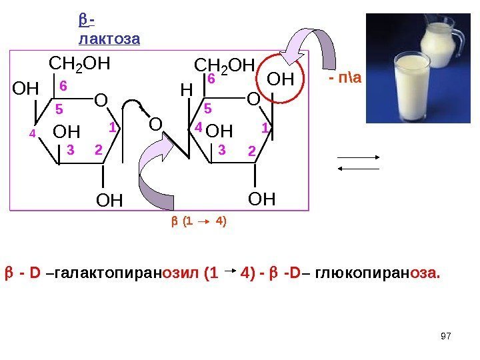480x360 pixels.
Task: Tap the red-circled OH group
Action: pos(281,81)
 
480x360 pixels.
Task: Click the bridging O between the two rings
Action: pos(155,125)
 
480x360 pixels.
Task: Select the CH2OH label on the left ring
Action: pos(80,65)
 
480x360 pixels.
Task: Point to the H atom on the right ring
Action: pos(187,89)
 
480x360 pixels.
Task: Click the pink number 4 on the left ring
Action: pos(31,133)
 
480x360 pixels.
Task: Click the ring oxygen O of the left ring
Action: pos(101,101)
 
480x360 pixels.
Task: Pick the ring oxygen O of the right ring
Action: pos(253,100)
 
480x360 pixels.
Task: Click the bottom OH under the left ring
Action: pos(110,199)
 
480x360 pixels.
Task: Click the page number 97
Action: pos(447,334)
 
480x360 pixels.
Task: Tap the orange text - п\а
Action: pos(345,80)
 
